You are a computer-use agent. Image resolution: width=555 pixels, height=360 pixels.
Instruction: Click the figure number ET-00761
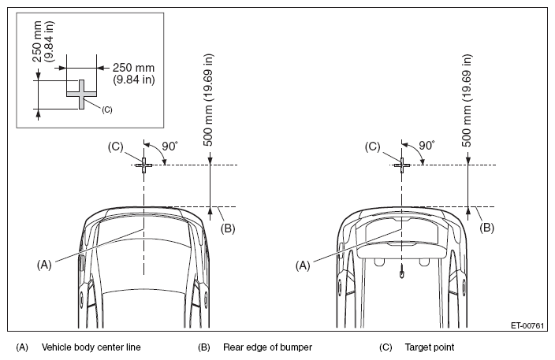pyautogui.click(x=527, y=325)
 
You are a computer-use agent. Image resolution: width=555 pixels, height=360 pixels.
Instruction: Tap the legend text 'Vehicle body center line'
pyautogui.click(x=91, y=347)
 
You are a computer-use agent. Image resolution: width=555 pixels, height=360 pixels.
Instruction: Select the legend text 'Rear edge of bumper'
pyautogui.click(x=267, y=347)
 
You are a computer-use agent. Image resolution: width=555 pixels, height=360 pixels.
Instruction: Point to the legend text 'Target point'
pyautogui.click(x=430, y=347)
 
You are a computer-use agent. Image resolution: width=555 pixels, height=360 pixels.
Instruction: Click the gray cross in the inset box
pyautogui.click(x=81, y=95)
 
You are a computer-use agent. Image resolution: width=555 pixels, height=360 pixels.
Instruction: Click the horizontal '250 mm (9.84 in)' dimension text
pyautogui.click(x=134, y=73)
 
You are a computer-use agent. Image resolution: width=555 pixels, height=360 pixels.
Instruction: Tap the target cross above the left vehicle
pyautogui.click(x=143, y=165)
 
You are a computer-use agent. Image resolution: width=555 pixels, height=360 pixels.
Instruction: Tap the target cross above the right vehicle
pyautogui.click(x=402, y=165)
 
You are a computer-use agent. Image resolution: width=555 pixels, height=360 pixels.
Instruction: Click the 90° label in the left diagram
pyautogui.click(x=170, y=146)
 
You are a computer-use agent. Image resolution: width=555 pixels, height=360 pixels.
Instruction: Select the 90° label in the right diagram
pyautogui.click(x=427, y=146)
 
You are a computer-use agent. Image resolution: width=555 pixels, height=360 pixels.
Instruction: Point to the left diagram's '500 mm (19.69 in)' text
pyautogui.click(x=208, y=100)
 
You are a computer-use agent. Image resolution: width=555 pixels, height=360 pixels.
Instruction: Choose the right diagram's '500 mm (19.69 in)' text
pyautogui.click(x=467, y=100)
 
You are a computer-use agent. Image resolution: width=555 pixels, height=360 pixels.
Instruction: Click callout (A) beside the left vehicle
pyautogui.click(x=44, y=265)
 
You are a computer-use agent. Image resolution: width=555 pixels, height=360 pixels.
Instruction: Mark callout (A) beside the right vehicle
pyautogui.click(x=303, y=265)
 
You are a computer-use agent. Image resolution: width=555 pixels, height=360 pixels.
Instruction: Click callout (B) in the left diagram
pyautogui.click(x=228, y=228)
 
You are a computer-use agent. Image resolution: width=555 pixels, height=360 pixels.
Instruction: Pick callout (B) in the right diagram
pyautogui.click(x=486, y=228)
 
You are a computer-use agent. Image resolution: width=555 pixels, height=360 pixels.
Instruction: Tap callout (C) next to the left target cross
pyautogui.click(x=115, y=147)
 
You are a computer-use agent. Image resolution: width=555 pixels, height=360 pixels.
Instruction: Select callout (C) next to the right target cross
pyautogui.click(x=372, y=147)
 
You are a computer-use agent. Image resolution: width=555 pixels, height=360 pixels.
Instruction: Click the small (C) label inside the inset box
pyautogui.click(x=107, y=110)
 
